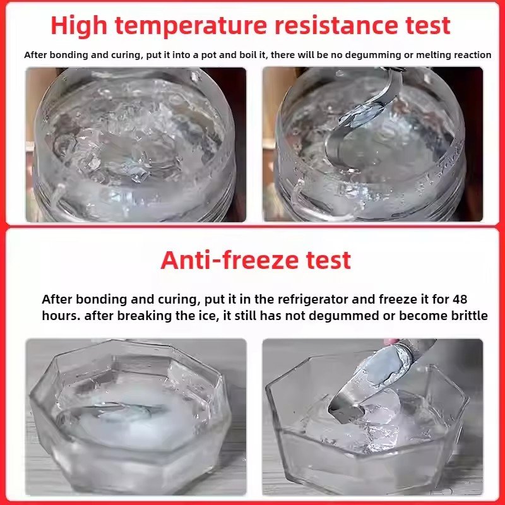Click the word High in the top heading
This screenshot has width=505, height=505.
pyautogui.click(x=79, y=27)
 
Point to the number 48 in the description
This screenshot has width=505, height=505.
pyautogui.click(x=460, y=299)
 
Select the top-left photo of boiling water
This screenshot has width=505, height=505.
pyautogui.click(x=136, y=145)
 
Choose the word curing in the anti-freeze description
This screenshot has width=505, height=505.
pyautogui.click(x=178, y=300)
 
